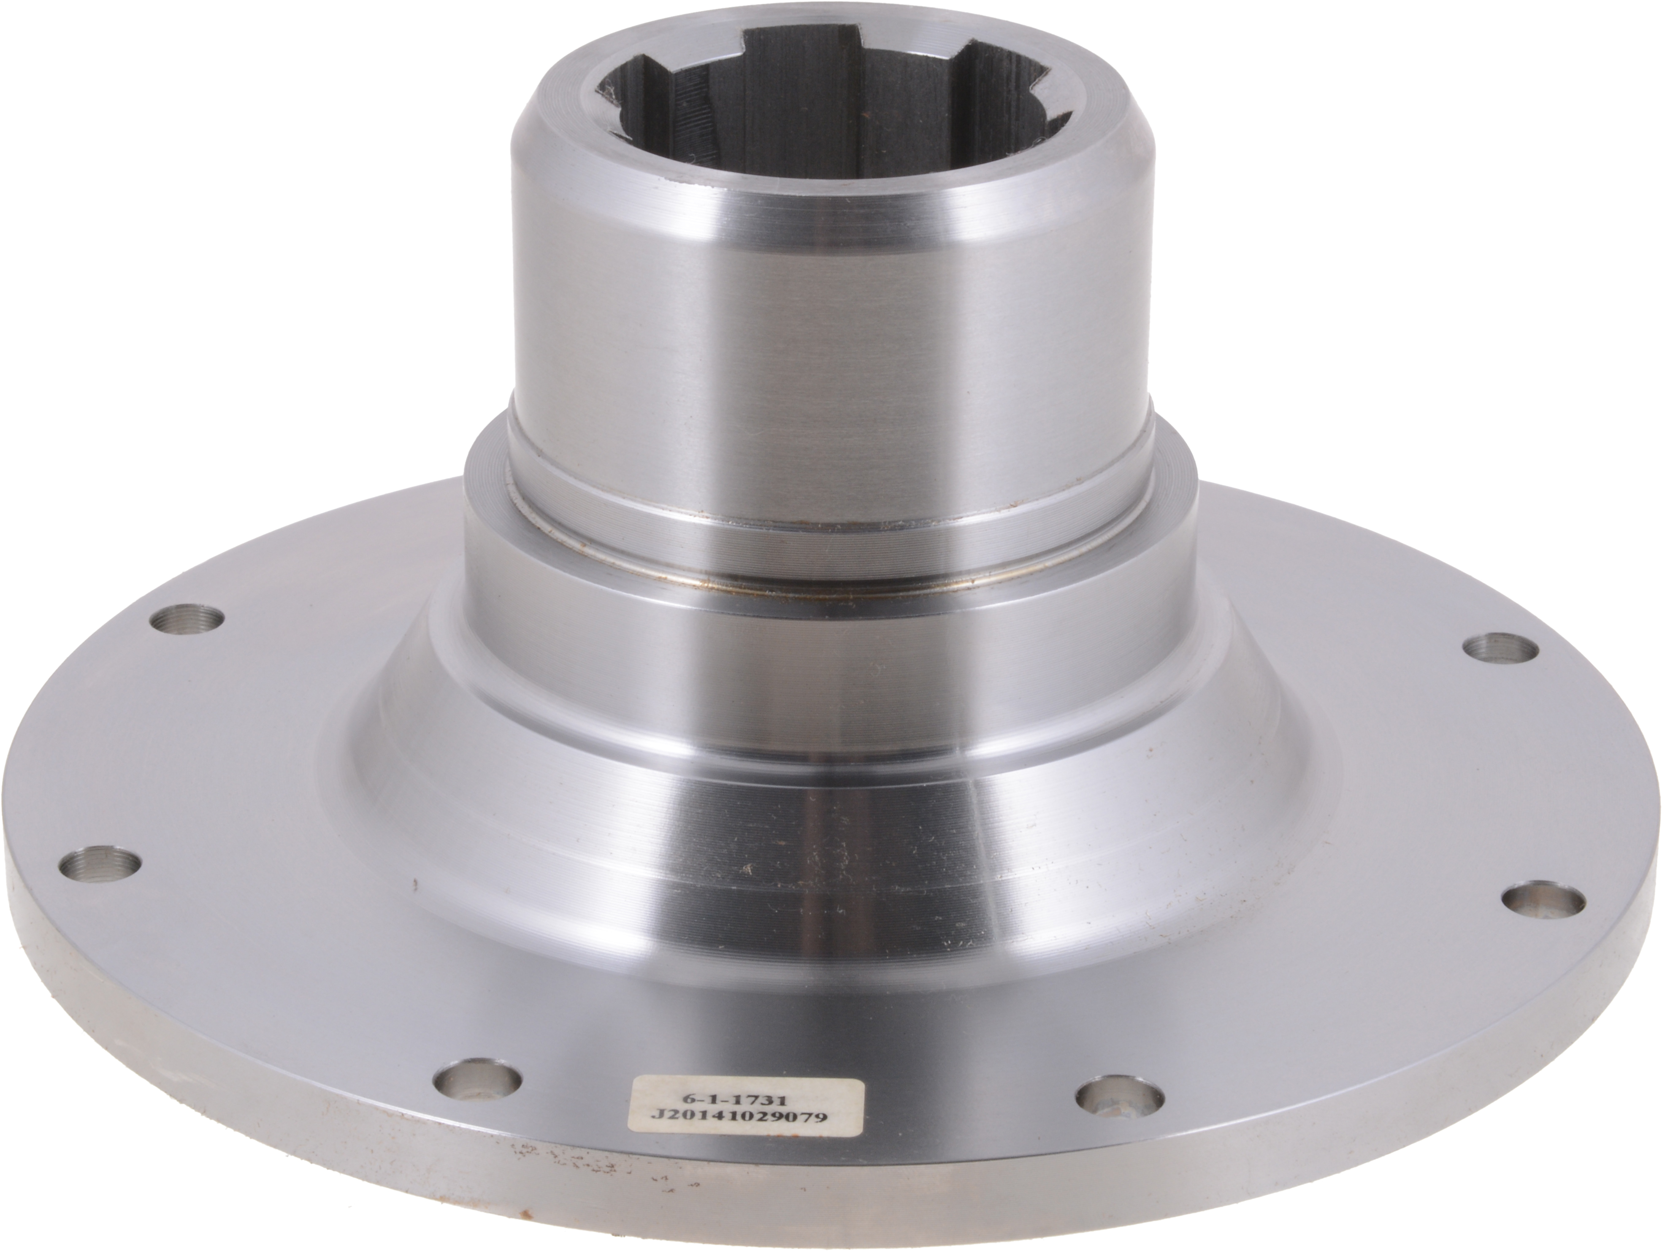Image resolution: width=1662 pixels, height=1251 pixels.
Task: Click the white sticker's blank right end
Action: [845, 1101]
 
